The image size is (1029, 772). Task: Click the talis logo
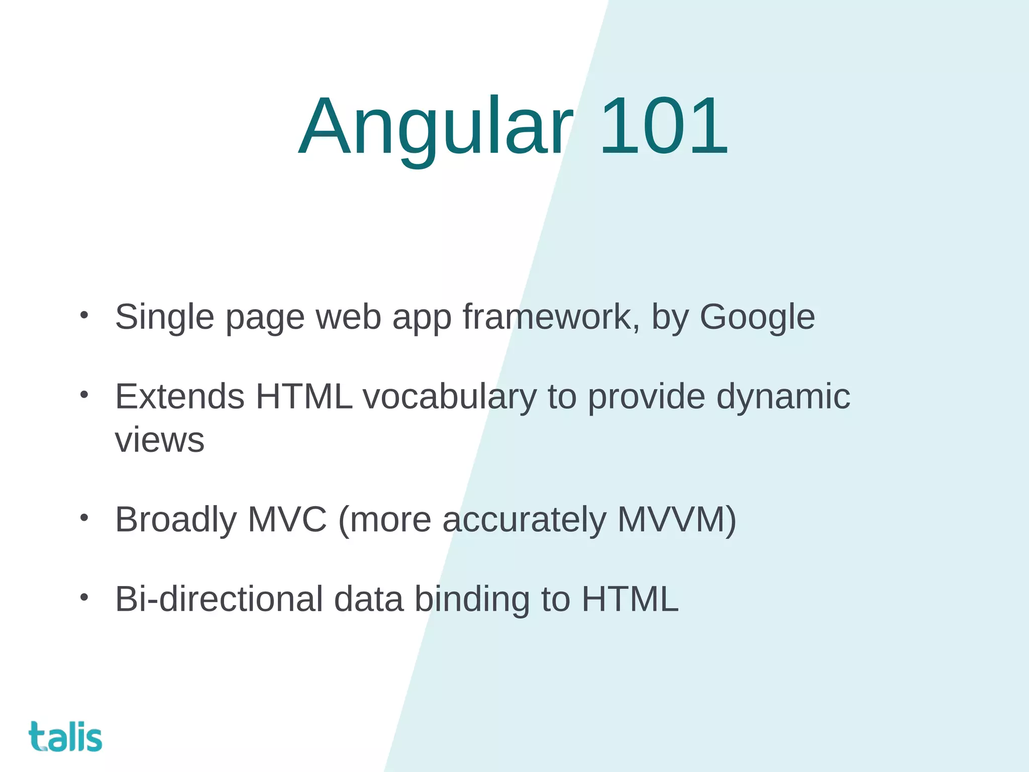pos(65,737)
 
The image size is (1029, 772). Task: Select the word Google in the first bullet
pos(757,318)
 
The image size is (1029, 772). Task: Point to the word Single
pos(164,318)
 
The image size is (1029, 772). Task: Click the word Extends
pos(179,397)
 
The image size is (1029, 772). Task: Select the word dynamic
pos(783,397)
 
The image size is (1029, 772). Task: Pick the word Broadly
pos(175,520)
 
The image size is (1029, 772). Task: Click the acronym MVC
pos(287,520)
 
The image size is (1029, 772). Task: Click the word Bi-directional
pos(219,599)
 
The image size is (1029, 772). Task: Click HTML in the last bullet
pos(630,599)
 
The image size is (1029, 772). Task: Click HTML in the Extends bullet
pos(304,397)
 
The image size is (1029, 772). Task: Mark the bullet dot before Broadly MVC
pos(84,517)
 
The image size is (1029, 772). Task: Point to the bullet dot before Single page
pos(84,315)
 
